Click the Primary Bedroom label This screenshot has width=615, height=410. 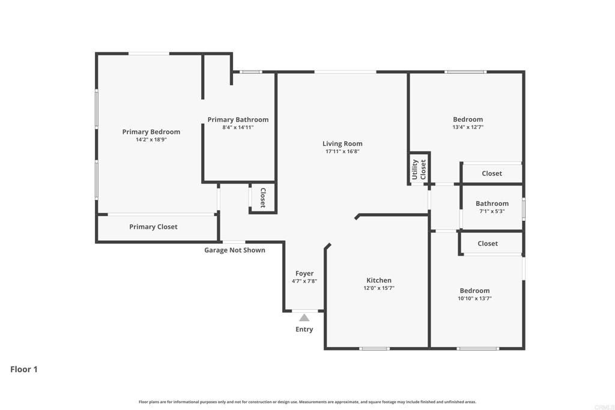pos(151,132)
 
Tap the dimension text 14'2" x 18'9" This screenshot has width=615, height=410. pos(151,140)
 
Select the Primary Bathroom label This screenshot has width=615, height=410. pos(238,119)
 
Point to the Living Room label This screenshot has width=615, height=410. pos(342,143)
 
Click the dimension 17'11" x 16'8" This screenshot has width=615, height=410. pos(342,151)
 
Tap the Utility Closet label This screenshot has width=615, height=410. pos(419,169)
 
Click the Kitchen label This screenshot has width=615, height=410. pos(379,280)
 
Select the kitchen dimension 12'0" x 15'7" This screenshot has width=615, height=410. pos(379,288)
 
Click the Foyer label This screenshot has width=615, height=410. pos(304,274)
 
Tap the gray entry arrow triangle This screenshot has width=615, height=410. pos(304,318)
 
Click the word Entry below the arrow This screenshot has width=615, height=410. pos(304,329)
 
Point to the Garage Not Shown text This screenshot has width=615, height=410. pos(235,250)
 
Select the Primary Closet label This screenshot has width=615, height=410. pos(153,227)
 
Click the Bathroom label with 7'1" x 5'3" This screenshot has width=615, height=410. pos(492,203)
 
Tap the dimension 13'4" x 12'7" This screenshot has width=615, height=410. pos(467,127)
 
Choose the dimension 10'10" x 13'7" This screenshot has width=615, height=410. pos(474,298)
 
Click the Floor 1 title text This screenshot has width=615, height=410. pos(24,369)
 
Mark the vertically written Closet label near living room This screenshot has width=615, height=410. pos(262,198)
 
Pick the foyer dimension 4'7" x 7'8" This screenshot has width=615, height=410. pos(304,281)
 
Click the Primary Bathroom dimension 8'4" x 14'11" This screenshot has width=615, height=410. pos(238,127)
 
